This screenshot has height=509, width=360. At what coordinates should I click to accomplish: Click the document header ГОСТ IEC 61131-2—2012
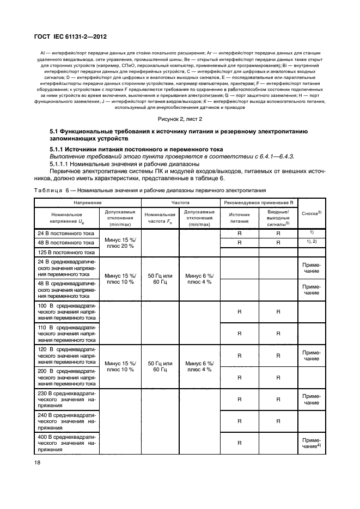[x=71, y=36]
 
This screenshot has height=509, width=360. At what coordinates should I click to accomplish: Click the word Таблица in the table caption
[x=51, y=191]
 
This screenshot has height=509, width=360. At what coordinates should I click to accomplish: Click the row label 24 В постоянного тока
[x=66, y=233]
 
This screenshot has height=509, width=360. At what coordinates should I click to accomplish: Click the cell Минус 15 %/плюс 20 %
[x=120, y=242]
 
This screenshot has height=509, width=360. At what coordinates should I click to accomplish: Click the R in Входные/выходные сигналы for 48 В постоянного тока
[x=278, y=243]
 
